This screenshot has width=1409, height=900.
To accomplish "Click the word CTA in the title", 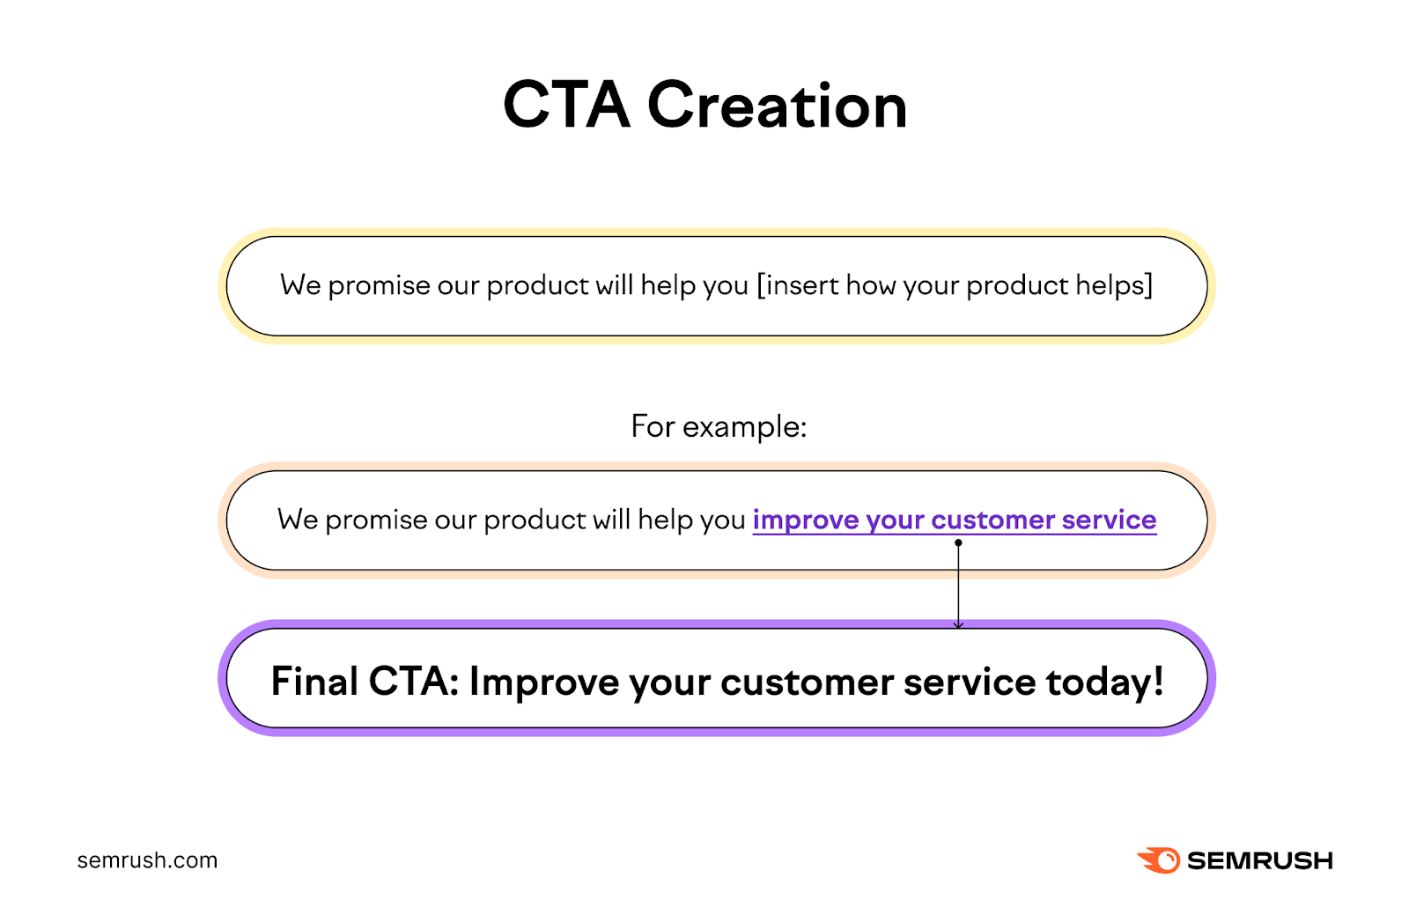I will click(x=566, y=106).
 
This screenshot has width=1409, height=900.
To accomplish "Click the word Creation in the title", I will click(x=777, y=106).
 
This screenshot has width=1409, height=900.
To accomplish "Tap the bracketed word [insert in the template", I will click(x=798, y=285).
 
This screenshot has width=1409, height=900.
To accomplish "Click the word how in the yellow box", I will click(x=871, y=285).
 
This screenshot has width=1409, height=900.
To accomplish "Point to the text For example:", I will click(x=719, y=427).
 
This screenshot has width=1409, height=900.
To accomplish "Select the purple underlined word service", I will click(x=1109, y=520).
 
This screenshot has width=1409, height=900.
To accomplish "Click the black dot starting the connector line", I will click(x=958, y=542).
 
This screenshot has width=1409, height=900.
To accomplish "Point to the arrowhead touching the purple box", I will click(x=958, y=624).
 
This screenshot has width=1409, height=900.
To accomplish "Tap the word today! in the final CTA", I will click(x=1104, y=682).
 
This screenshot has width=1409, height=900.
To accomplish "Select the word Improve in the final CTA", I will click(x=544, y=682).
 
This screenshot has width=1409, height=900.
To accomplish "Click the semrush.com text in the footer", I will click(x=147, y=860).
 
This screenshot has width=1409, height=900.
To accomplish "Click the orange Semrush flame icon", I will click(x=1159, y=860).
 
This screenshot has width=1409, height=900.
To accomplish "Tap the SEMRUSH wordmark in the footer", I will click(x=1259, y=860).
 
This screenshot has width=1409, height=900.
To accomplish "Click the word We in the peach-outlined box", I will click(x=297, y=520).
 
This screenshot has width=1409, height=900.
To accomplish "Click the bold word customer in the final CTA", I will click(x=806, y=682).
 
